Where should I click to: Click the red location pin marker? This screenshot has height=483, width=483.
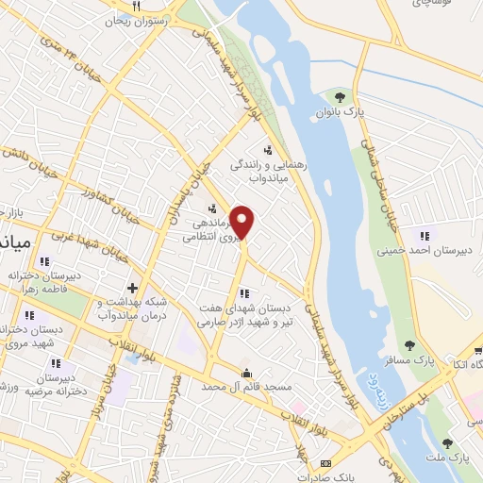[x=242, y=223]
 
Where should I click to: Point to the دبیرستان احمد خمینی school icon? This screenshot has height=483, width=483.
[x=424, y=235]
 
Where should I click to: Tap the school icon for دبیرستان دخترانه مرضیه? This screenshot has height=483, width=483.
[x=57, y=362]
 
